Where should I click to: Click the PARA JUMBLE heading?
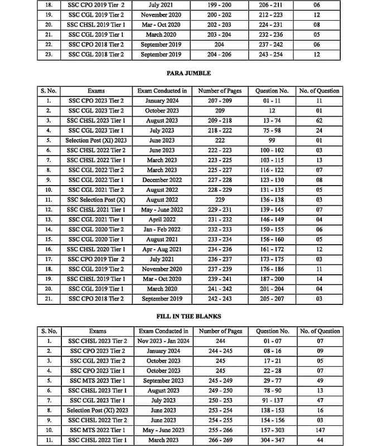(189, 73)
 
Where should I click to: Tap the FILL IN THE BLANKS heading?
(189, 316)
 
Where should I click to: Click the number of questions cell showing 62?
(319, 121)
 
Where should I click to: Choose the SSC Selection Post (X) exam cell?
(96, 200)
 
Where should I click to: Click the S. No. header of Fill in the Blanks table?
(49, 331)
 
